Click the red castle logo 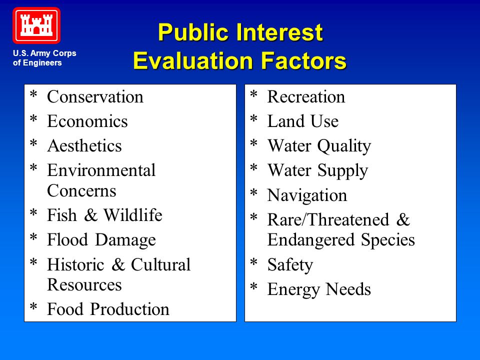pos(36,25)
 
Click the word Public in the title pos(193,32)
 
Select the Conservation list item pos(95,96)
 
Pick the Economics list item pos(87,121)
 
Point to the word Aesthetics pos(84,145)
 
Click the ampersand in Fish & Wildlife pos(90,215)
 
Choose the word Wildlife pos(133,215)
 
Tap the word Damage pos(125,240)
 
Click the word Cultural pos(160,264)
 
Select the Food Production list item pos(108,309)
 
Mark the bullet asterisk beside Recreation pos(254,94)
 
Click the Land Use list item pos(303,121)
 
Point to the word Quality pos(344,146)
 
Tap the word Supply pos(342,171)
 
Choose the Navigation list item pos(307,195)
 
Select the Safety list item pos(290,265)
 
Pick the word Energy pos(293,289)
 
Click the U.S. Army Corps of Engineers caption pos(44,58)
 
